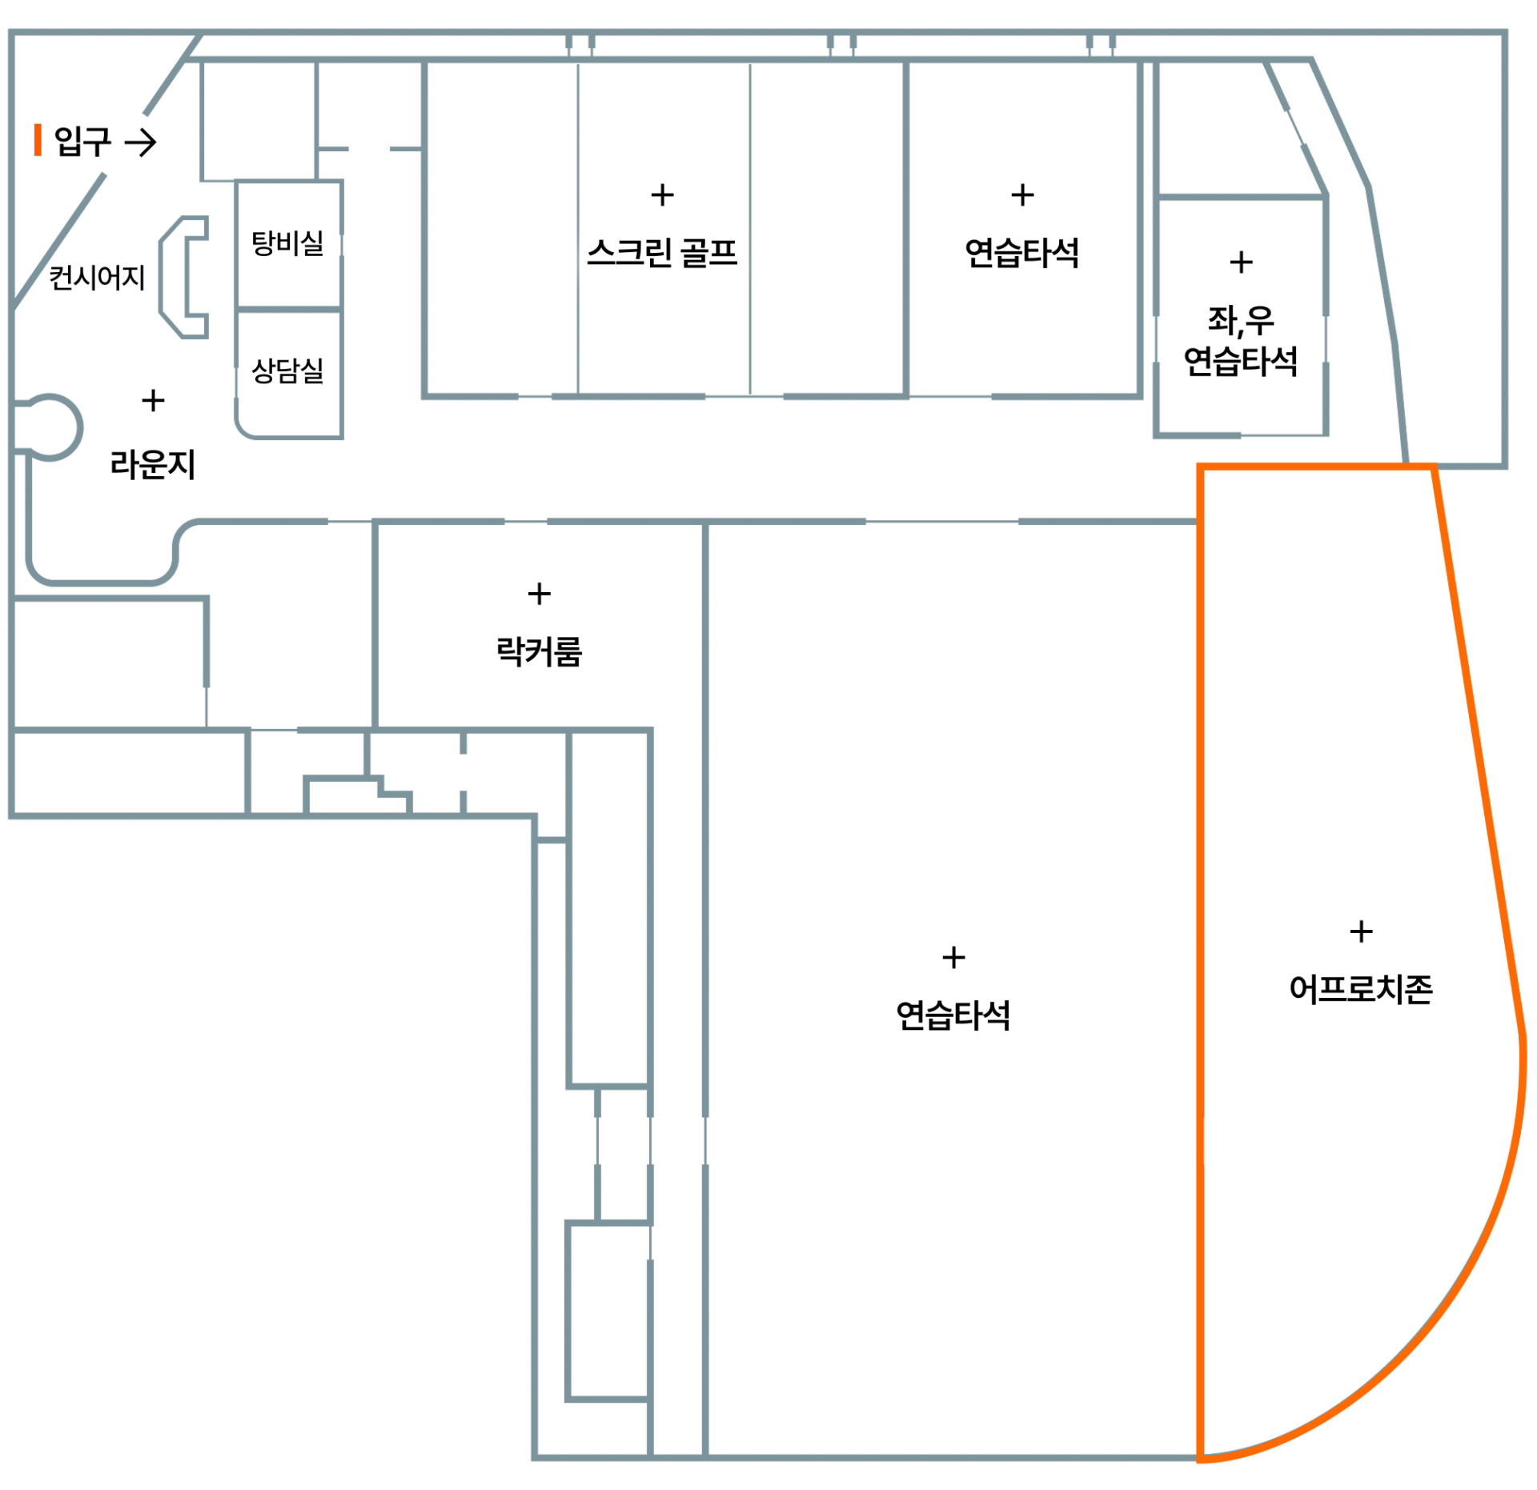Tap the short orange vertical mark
38,139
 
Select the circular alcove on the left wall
50,427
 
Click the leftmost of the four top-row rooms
500,228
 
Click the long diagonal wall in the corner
60,240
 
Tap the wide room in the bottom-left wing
128,772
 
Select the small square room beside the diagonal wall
258,120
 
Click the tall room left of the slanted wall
1241,316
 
